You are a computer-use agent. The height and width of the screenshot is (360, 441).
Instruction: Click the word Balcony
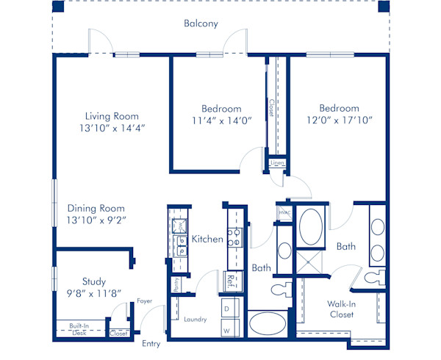[200, 24]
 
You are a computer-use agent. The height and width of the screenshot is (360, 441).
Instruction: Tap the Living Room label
[111, 116]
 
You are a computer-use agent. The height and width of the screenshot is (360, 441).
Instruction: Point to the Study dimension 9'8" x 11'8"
[94, 293]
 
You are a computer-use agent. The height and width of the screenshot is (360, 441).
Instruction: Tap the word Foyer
[144, 300]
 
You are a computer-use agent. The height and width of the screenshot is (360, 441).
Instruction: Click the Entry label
[151, 344]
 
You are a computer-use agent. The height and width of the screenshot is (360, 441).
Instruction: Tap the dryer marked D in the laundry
[227, 309]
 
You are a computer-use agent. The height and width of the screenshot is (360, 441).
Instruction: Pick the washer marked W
[227, 330]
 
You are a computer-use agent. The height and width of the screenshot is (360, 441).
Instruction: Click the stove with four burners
[234, 237]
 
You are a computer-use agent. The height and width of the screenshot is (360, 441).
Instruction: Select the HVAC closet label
[284, 213]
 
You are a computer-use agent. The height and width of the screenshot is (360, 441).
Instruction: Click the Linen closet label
[277, 162]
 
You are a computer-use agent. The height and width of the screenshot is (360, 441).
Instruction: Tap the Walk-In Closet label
[342, 309]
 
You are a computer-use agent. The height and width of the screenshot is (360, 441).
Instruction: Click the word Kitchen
[207, 239]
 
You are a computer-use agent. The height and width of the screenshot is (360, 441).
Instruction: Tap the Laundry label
[196, 320]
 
